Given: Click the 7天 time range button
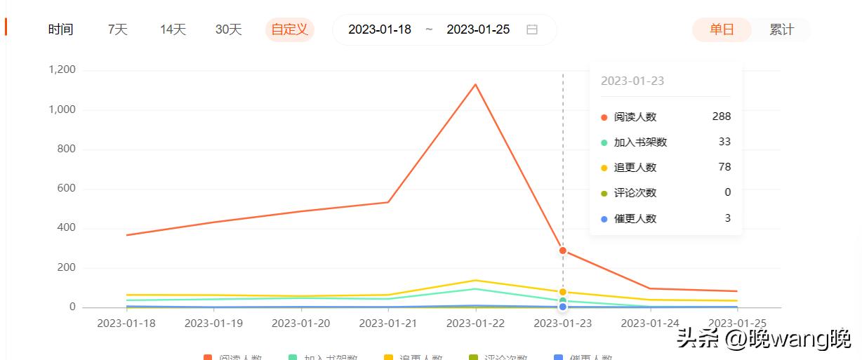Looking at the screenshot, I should tap(117, 29).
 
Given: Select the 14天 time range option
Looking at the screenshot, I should tap(173, 29).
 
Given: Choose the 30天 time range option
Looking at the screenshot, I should tap(228, 29).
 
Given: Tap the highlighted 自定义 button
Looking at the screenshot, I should tap(289, 29).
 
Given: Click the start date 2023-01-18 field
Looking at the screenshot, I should tap(380, 29).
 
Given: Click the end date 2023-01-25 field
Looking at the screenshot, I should tap(478, 29).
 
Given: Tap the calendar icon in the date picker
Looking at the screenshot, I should tap(532, 29).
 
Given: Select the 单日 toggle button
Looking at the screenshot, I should tap(722, 29).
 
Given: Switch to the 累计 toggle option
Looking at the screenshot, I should tap(781, 29).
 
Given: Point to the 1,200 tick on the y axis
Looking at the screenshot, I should tap(62, 70).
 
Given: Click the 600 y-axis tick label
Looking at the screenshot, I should tap(66, 189).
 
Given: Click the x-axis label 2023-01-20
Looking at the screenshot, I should tap(300, 324).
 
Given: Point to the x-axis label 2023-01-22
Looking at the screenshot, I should tap(475, 324).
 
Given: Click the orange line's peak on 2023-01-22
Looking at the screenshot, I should tap(475, 85).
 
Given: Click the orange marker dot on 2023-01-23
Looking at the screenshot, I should tap(562, 251).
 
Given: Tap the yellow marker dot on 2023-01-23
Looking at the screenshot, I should tap(562, 292).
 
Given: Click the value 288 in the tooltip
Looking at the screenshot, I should tap(721, 116).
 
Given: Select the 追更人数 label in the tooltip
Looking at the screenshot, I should tap(635, 168).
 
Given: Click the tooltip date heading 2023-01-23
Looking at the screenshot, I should tap(632, 81).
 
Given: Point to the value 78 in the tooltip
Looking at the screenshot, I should tap(724, 167).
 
